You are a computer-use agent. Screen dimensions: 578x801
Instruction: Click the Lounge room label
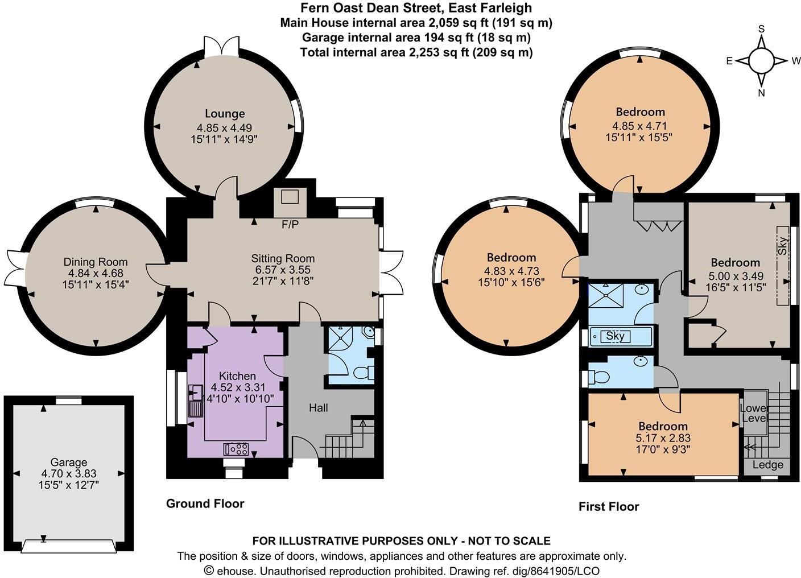click(225, 114)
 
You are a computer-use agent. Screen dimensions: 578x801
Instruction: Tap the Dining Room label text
click(96, 262)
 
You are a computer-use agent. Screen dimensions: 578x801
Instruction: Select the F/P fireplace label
click(290, 225)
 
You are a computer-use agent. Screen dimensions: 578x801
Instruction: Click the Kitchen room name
click(237, 376)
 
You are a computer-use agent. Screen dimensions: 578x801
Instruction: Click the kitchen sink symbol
click(195, 392)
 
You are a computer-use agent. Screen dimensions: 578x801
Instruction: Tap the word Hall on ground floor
click(319, 407)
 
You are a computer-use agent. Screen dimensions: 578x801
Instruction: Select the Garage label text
click(69, 463)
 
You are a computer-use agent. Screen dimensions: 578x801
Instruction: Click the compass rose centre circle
click(761, 60)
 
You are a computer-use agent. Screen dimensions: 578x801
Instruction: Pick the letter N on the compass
click(761, 93)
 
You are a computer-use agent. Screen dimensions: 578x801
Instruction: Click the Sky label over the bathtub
click(615, 336)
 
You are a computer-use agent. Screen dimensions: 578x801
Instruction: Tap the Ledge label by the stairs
click(767, 465)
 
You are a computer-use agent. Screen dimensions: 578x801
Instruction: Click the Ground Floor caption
click(205, 503)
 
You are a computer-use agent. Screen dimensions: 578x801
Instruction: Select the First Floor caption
click(609, 506)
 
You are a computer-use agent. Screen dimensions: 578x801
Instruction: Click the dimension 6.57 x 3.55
click(283, 270)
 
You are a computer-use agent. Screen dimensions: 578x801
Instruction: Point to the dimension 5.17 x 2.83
click(663, 438)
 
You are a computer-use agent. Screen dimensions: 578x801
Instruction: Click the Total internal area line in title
click(416, 52)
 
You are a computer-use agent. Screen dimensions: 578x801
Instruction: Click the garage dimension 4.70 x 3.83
click(69, 473)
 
